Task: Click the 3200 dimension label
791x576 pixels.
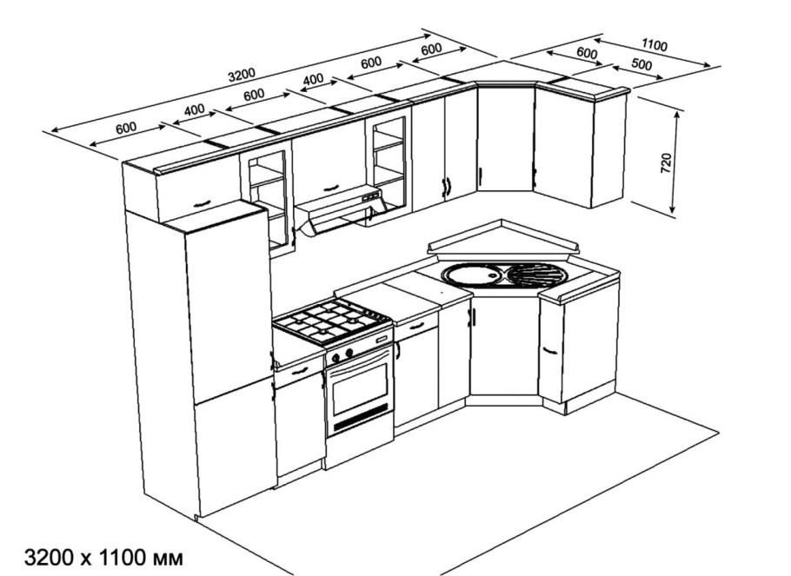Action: coord(242,75)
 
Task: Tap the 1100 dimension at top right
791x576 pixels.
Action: coord(655,45)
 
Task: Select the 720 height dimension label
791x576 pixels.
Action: coord(666,162)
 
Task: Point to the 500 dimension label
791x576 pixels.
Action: coord(641,64)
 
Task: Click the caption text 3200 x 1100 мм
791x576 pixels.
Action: coord(104,559)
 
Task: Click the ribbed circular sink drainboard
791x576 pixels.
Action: coord(537,275)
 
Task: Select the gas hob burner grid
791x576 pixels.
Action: coord(332,321)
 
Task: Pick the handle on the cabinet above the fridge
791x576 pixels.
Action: coord(201,202)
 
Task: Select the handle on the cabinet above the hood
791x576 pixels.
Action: coord(330,189)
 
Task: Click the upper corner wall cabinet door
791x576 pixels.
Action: coord(506,137)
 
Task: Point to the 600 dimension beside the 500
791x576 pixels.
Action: coord(587,53)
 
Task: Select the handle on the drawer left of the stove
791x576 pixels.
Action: coord(299,371)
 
